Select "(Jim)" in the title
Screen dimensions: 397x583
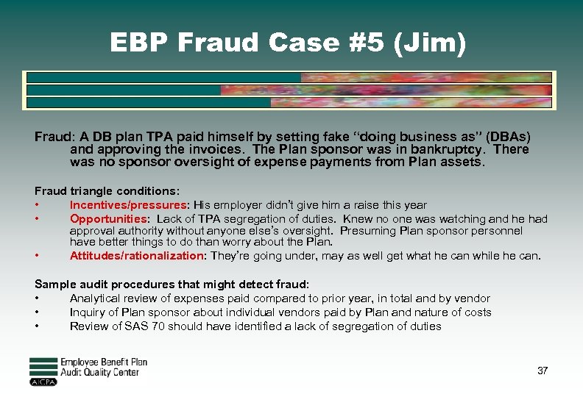pyautogui.click(x=431, y=43)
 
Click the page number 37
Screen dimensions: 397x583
pyautogui.click(x=543, y=371)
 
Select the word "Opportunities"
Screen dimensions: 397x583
pyautogui.click(x=108, y=219)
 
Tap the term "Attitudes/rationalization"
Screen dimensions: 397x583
pyautogui.click(x=136, y=256)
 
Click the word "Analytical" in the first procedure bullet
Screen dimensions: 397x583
pyautogui.click(x=95, y=298)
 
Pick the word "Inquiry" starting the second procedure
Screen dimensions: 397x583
pyautogui.click(x=88, y=312)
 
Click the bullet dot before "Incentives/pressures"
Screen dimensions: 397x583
pyautogui.click(x=37, y=205)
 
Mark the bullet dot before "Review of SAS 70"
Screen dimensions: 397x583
pyautogui.click(x=37, y=326)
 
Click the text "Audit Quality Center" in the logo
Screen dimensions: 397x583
pyautogui.click(x=99, y=372)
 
